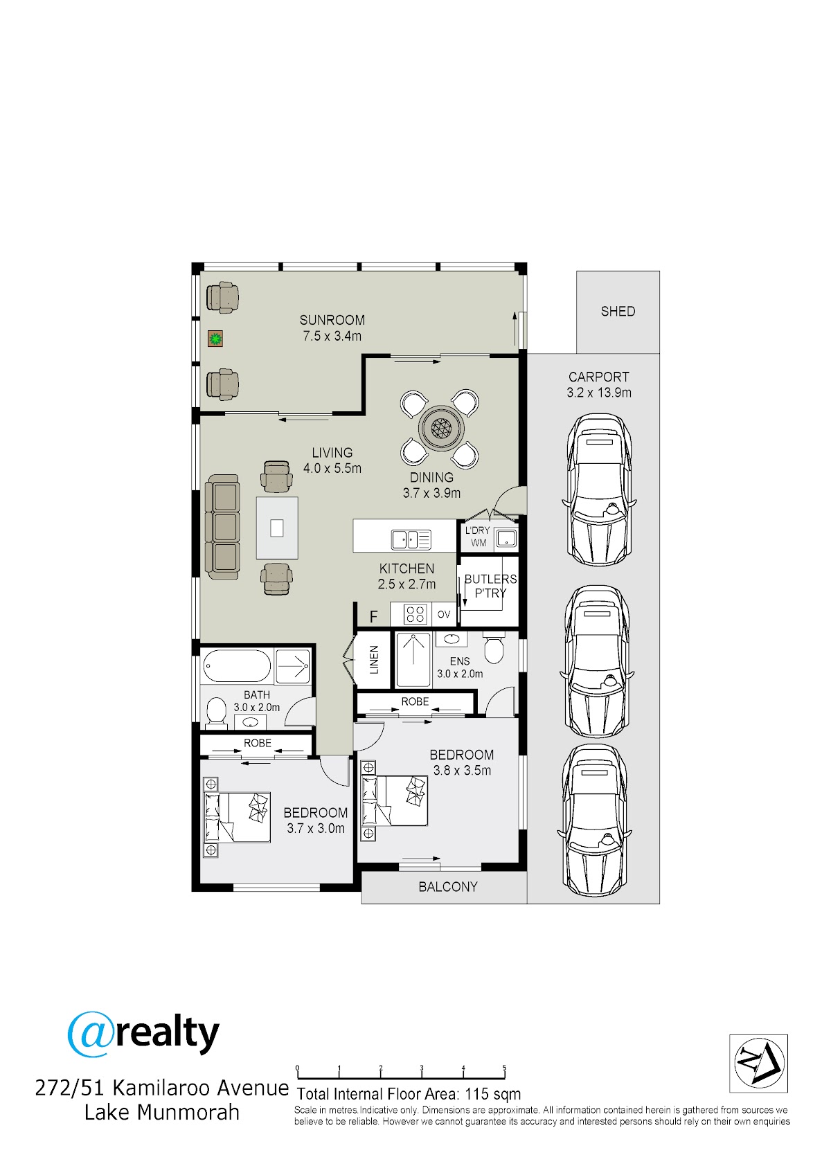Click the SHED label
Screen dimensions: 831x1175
pos(618,311)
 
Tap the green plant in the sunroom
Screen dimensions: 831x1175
pos(215,339)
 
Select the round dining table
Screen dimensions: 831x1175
pos(440,428)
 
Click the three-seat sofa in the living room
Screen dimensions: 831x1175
pos(222,527)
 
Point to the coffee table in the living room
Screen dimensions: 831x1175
pos(277,528)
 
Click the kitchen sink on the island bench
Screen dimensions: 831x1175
pos(411,539)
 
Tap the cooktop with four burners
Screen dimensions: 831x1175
pos(415,613)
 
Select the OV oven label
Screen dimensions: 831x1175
pos(444,614)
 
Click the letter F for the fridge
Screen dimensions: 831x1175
pos(373,616)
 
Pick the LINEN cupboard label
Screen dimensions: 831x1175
pos(374,659)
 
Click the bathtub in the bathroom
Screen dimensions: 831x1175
pos(236,666)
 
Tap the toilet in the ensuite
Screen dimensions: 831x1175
pos(493,649)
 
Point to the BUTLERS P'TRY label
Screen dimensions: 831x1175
pos(490,586)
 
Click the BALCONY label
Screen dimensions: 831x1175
pos(448,886)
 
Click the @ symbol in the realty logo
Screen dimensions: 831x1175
pos(90,1034)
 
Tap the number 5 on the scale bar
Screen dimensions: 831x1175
pos(504,1068)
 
